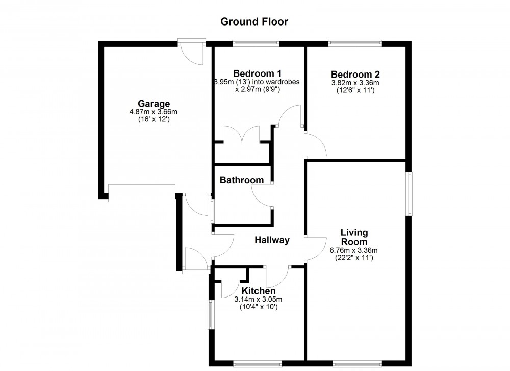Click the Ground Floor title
click(x=254, y=21)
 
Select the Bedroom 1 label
click(x=257, y=73)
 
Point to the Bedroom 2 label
click(x=355, y=73)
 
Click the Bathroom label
click(x=242, y=180)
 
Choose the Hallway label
click(x=272, y=240)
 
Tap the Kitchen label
click(x=259, y=291)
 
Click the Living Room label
click(x=354, y=237)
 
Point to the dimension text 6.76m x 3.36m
click(x=354, y=250)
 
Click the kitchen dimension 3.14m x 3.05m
click(x=258, y=300)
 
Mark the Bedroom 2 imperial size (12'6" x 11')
click(x=355, y=90)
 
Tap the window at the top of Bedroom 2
click(x=355, y=44)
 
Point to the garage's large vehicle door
click(x=141, y=193)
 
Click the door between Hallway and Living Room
click(x=316, y=249)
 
